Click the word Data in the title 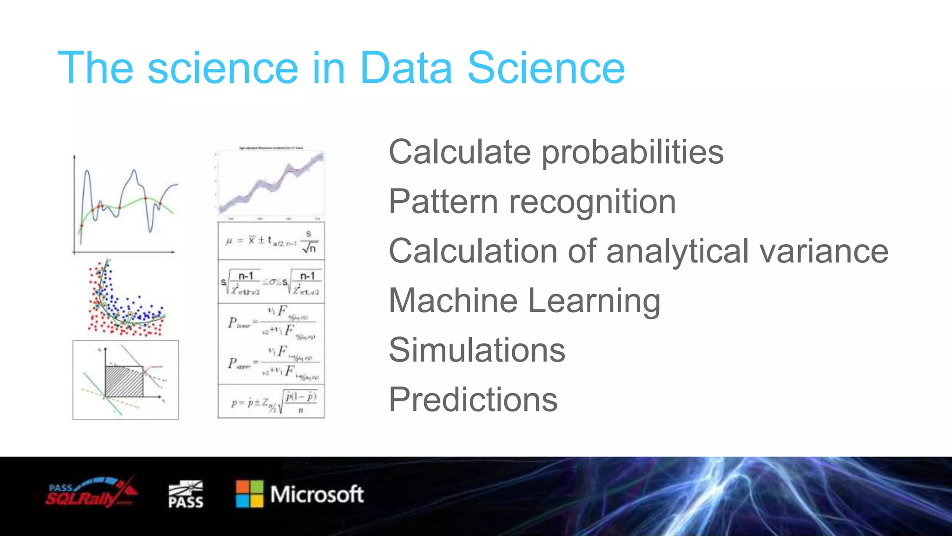(406, 68)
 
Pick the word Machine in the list (453, 301)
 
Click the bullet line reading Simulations (477, 350)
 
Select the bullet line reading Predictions (473, 400)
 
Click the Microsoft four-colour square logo (250, 494)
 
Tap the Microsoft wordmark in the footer (317, 494)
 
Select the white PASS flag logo (185, 494)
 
